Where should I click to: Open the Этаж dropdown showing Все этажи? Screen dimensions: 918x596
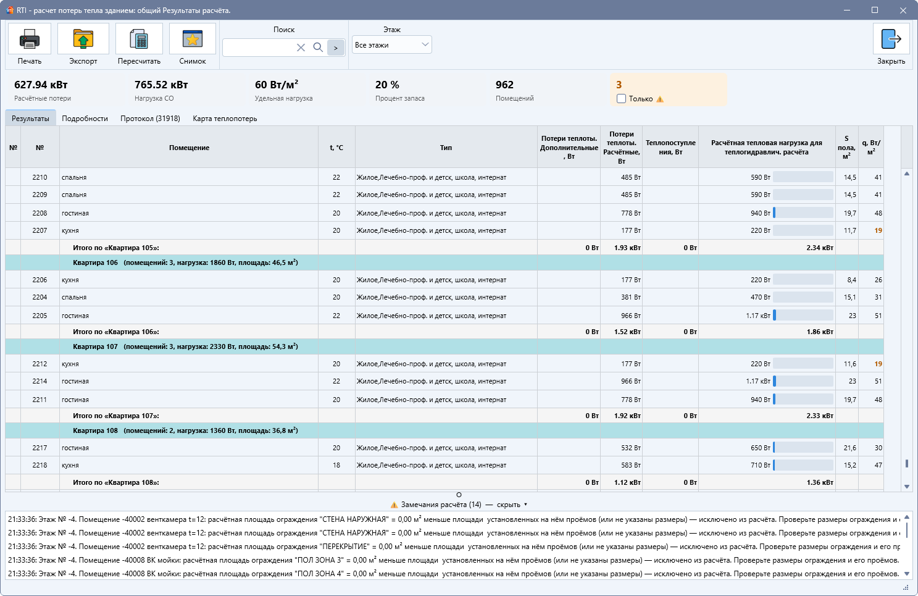(391, 44)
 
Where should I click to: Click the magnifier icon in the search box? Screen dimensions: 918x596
(318, 48)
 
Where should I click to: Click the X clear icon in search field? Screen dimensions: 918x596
(301, 48)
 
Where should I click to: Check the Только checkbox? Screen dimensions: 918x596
(621, 99)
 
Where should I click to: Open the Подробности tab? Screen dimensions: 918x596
(85, 119)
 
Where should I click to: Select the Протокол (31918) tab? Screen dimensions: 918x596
(150, 119)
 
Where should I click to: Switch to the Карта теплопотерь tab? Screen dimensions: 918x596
(225, 119)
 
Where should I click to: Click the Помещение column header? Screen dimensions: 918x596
(189, 148)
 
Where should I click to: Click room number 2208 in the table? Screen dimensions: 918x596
(40, 213)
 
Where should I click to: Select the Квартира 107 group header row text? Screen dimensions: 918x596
(185, 346)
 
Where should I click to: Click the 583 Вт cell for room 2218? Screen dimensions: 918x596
(631, 465)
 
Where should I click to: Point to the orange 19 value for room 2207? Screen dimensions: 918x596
(878, 230)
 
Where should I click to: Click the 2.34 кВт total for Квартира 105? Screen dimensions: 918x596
(820, 248)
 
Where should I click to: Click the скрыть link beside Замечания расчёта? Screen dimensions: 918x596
(508, 505)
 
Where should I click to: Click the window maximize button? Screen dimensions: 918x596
(875, 10)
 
